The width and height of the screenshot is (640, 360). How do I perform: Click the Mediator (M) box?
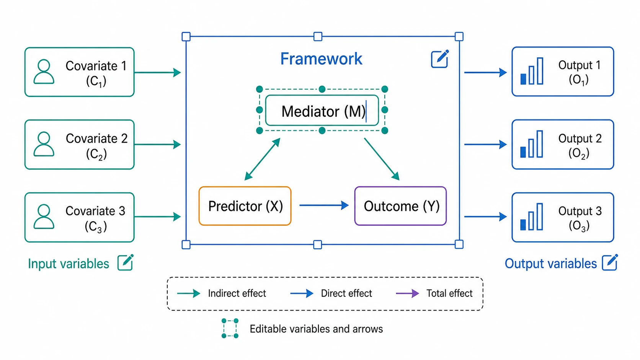pyautogui.click(x=322, y=111)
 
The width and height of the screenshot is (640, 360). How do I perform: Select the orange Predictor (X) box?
pyautogui.click(x=245, y=206)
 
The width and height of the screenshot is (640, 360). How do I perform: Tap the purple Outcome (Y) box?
pyautogui.click(x=400, y=206)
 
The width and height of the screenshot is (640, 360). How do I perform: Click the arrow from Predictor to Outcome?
pyautogui.click(x=324, y=205)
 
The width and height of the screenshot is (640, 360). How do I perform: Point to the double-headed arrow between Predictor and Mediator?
pyautogui.click(x=262, y=159)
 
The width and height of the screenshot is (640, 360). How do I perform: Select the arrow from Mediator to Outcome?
pyautogui.click(x=382, y=159)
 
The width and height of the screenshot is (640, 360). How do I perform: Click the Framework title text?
pyautogui.click(x=321, y=59)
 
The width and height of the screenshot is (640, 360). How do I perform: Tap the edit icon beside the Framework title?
pyautogui.click(x=440, y=59)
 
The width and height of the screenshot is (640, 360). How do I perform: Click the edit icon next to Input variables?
pyautogui.click(x=126, y=262)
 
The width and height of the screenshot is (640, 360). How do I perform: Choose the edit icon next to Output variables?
pyautogui.click(x=610, y=262)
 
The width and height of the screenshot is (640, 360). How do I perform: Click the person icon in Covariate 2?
pyautogui.click(x=44, y=144)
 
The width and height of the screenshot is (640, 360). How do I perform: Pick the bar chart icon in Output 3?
pyautogui.click(x=532, y=217)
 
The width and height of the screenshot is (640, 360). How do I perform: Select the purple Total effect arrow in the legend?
pyautogui.click(x=407, y=293)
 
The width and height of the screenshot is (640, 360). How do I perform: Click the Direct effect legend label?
pyautogui.click(x=346, y=293)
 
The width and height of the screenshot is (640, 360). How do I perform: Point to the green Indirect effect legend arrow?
pyautogui.click(x=189, y=293)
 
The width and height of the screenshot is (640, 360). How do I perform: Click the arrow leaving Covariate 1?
pyautogui.click(x=157, y=73)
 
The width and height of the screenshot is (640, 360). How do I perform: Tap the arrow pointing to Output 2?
pyautogui.click(x=485, y=145)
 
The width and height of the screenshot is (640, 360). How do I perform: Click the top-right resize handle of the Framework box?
pyautogui.click(x=459, y=37)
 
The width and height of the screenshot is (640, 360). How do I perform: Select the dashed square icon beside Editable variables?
pyautogui.click(x=230, y=328)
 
